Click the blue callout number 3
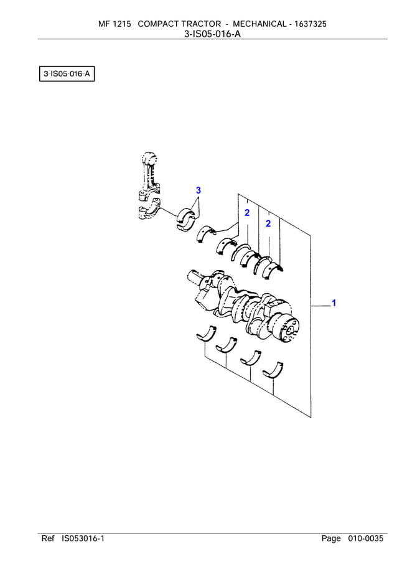(198, 190)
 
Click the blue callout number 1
(334, 303)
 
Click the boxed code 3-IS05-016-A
(67, 75)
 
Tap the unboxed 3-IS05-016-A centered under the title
(212, 34)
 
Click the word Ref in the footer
(48, 538)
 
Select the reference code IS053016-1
(83, 538)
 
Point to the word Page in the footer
(331, 538)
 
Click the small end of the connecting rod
(148, 157)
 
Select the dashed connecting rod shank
(149, 177)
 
